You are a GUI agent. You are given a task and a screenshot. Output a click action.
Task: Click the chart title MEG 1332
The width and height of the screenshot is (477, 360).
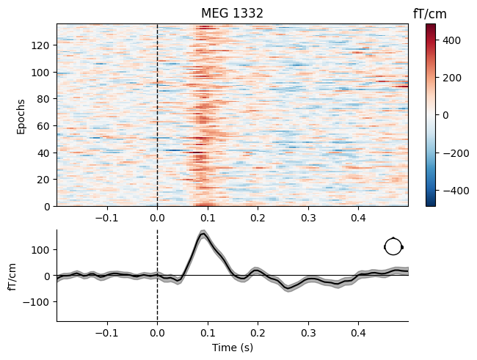point(233,13)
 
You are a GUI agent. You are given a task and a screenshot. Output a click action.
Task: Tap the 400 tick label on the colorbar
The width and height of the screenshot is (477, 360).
point(450,41)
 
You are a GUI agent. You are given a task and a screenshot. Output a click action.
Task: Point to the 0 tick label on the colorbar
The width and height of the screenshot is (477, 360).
point(444,114)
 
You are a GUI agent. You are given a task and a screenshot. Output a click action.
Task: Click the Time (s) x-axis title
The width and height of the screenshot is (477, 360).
point(233,347)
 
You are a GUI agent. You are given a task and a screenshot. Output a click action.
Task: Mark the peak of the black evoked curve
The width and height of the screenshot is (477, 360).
point(204,235)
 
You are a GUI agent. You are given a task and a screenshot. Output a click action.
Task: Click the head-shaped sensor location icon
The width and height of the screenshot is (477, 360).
point(393,246)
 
